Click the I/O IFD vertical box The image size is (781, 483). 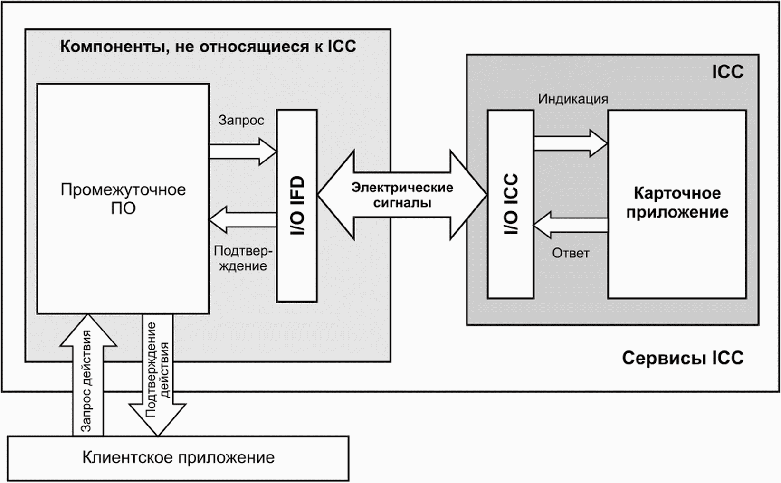coord(297,206)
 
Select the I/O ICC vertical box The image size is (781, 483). coord(510,204)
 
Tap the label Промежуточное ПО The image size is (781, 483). coord(123,199)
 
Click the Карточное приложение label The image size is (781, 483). coord(677,202)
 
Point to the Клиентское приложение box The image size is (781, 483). coord(178,458)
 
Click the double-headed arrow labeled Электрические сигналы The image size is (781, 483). coord(402,195)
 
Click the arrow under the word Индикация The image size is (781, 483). coord(571,143)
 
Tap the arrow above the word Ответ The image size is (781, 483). coord(571,225)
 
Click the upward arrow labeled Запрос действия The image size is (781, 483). coord(88,375)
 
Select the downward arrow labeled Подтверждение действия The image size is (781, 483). coord(158,375)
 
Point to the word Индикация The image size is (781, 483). coord(573,99)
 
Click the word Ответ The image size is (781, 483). coord(571,253)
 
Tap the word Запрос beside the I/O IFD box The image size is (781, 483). coord(241,121)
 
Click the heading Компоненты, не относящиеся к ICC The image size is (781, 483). coord(208,47)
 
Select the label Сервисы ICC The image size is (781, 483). coord(683,358)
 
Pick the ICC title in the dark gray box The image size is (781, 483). coord(728,72)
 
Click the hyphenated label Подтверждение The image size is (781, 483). coord(243,258)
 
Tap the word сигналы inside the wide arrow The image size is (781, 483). coord(402,203)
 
